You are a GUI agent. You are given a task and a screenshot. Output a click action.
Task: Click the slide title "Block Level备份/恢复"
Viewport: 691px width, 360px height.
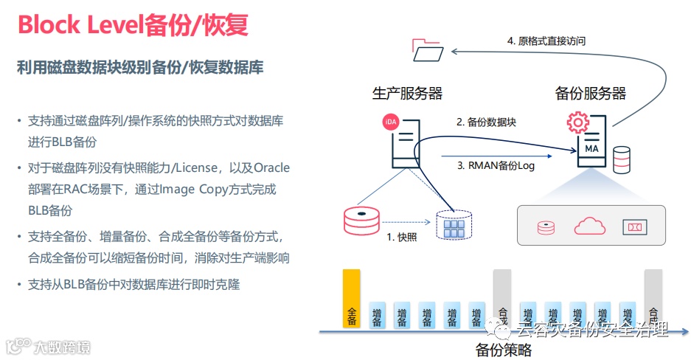133,25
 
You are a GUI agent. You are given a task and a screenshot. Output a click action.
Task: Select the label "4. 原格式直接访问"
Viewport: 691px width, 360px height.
546,41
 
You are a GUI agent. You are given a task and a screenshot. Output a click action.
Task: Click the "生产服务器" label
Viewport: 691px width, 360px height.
407,94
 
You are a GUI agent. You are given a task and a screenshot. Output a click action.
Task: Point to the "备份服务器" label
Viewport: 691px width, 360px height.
590,94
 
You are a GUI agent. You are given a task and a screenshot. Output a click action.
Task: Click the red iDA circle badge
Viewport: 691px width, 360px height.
391,122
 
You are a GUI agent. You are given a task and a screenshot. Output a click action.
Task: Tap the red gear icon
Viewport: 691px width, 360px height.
575,121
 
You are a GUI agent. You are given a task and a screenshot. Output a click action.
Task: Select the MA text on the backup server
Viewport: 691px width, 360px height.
591,148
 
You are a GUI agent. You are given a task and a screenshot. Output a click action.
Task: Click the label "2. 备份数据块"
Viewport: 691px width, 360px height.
486,122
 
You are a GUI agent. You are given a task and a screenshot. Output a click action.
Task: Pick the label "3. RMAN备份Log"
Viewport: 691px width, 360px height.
496,166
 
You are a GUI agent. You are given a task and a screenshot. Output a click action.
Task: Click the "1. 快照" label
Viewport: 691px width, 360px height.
403,238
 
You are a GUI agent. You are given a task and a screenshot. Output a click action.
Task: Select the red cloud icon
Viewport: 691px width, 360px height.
588,225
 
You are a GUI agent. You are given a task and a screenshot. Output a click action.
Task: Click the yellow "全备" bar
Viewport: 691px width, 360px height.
352,299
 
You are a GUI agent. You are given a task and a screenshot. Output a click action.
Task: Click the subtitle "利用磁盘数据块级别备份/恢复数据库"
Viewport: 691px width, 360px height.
140,68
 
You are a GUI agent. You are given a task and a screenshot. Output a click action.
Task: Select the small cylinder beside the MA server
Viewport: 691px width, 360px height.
622,159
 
